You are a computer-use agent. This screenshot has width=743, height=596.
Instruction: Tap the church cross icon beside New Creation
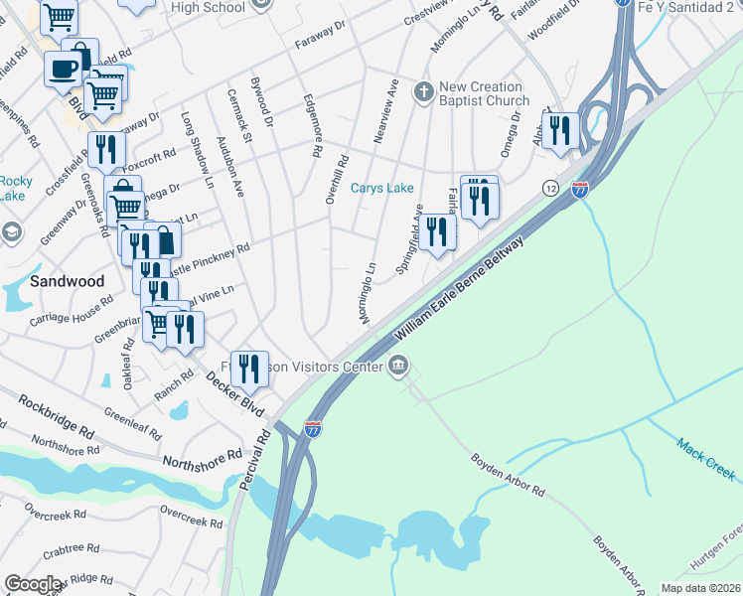click(x=423, y=93)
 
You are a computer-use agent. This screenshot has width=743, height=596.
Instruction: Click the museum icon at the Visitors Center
click(x=398, y=367)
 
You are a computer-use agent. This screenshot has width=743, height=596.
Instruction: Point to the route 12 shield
click(x=549, y=188)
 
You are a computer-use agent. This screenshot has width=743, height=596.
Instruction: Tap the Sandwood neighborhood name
click(x=67, y=281)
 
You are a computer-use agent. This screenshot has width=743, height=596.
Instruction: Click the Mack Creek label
click(x=706, y=459)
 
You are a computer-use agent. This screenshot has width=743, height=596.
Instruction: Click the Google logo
click(x=34, y=584)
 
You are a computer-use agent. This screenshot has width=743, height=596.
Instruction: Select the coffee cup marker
click(x=65, y=71)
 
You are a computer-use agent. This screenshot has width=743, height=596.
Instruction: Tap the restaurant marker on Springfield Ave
click(x=436, y=231)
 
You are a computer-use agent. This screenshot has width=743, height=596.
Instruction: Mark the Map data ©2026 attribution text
click(x=700, y=588)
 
